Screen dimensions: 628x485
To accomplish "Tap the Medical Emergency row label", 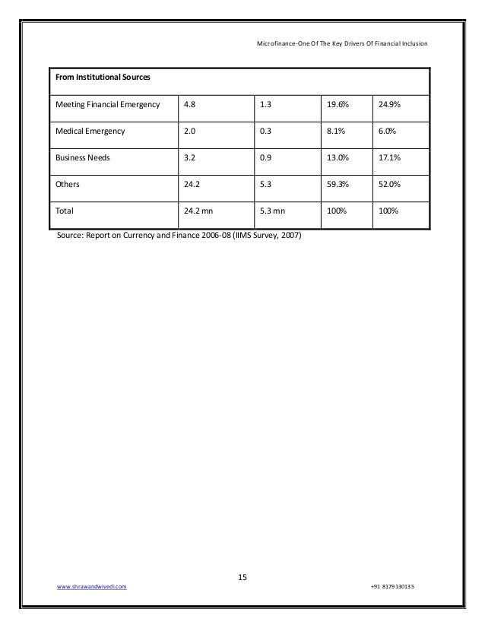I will click(89, 131).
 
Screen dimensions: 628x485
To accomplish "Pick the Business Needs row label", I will click(82, 157).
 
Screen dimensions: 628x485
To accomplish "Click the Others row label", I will click(66, 184).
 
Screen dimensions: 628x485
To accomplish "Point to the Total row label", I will click(64, 211).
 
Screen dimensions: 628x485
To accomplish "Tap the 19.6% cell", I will click(337, 104).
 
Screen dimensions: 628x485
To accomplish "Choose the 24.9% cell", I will click(388, 104).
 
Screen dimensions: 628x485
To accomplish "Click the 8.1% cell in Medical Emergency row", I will click(335, 131).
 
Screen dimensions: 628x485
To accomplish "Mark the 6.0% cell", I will click(387, 131).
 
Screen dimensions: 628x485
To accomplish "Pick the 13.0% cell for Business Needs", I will click(337, 157).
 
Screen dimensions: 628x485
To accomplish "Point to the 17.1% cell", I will click(388, 157).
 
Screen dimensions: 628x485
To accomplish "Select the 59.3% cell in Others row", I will click(337, 184).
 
